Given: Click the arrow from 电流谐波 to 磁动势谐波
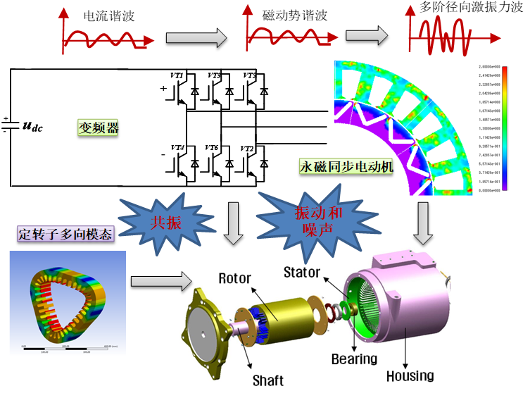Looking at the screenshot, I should (196, 37).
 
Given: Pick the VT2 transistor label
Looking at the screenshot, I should (246, 149).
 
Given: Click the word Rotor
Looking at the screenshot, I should (234, 279).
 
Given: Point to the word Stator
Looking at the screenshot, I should (301, 272).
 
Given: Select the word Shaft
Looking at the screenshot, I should (267, 380).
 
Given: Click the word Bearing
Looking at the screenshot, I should (354, 359).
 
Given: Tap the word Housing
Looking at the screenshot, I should (410, 376).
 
